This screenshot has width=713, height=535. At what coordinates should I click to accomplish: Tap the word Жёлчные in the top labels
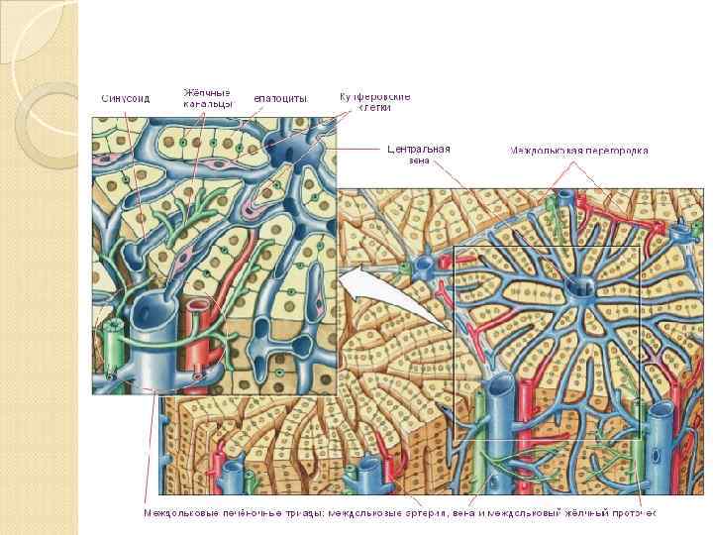tap(207, 93)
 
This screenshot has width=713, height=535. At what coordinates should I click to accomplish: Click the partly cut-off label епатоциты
tap(280, 99)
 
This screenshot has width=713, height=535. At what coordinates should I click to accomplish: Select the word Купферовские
tap(374, 96)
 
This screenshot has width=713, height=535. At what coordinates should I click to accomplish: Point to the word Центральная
tap(418, 149)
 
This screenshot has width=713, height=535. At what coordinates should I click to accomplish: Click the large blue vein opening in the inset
tap(156, 311)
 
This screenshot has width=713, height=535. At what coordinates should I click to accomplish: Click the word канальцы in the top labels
tap(207, 104)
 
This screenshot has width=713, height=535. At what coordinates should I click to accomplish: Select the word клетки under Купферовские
tap(374, 108)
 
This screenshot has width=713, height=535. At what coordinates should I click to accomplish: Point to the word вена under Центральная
tap(418, 160)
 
